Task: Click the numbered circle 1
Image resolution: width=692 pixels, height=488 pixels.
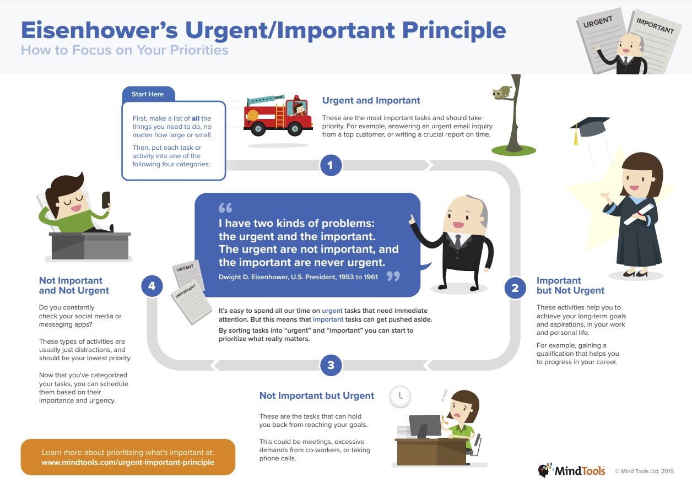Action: pyautogui.click(x=331, y=165)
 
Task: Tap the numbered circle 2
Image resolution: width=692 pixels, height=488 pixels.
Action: pyautogui.click(x=515, y=288)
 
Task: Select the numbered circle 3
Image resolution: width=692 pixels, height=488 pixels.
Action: pyautogui.click(x=331, y=365)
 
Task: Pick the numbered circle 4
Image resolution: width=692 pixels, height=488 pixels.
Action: pyautogui.click(x=152, y=286)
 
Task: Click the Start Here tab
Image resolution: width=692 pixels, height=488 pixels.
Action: pyautogui.click(x=149, y=94)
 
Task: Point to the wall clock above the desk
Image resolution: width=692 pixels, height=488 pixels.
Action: pyautogui.click(x=400, y=397)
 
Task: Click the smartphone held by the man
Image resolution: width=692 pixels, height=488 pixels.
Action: pyautogui.click(x=106, y=200)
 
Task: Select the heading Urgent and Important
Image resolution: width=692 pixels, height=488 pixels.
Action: pyautogui.click(x=371, y=100)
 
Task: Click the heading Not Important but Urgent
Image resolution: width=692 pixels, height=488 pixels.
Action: pyautogui.click(x=317, y=395)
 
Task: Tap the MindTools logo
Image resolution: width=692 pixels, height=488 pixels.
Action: pyautogui.click(x=571, y=470)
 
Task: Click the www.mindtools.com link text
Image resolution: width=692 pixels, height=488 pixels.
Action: pyautogui.click(x=128, y=462)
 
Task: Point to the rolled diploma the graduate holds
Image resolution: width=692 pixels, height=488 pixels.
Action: pyautogui.click(x=639, y=214)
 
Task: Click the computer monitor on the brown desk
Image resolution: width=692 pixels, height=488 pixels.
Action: pyautogui.click(x=425, y=426)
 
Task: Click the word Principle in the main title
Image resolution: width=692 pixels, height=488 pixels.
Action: pyautogui.click(x=454, y=31)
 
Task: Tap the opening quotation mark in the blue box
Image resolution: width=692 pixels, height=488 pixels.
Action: pyautogui.click(x=225, y=208)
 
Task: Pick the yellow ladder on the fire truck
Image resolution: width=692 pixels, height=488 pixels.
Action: pyautogui.click(x=280, y=116)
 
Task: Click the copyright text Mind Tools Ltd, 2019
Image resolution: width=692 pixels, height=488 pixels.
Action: pyautogui.click(x=645, y=471)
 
